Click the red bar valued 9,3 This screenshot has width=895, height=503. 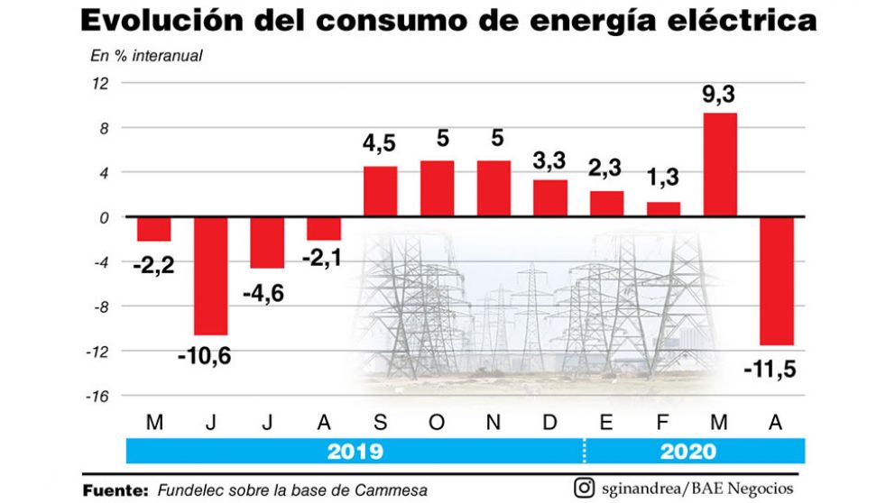(719, 165)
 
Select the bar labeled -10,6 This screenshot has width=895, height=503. (210, 276)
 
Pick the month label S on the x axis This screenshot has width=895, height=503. (380, 423)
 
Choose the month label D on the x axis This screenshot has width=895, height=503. (549, 423)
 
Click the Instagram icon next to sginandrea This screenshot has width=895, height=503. (585, 488)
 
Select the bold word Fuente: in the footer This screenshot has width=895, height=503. (115, 490)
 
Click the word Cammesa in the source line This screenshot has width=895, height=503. (393, 490)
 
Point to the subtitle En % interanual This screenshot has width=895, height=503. (146, 56)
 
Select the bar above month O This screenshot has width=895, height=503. (437, 189)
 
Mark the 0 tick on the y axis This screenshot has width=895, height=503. (105, 217)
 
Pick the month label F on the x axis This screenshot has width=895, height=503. (663, 423)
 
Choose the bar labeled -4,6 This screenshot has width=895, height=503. (267, 242)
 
